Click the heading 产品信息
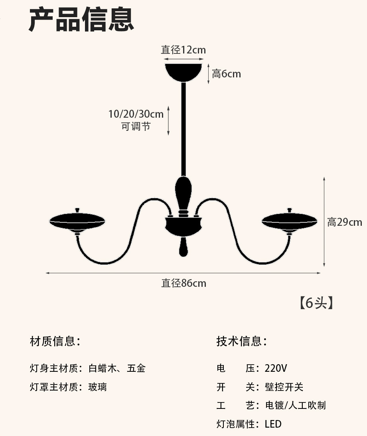pyautogui.click(x=81, y=20)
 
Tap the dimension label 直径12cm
pyautogui.click(x=183, y=50)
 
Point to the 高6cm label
pyautogui.click(x=227, y=74)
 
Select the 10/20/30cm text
pyautogui.click(x=136, y=114)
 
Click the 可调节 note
pyautogui.click(x=136, y=127)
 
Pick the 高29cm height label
pyautogui.click(x=345, y=222)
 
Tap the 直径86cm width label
pyautogui.click(x=183, y=283)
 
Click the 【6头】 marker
pyautogui.click(x=316, y=303)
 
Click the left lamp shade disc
pyautogui.click(x=77, y=221)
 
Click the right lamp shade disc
pyautogui.click(x=290, y=221)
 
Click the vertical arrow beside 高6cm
pyautogui.click(x=208, y=74)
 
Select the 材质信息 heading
pyautogui.click(x=55, y=341)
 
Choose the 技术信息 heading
pyautogui.click(x=241, y=341)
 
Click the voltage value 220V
pyautogui.click(x=276, y=368)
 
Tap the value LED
pyautogui.click(x=273, y=424)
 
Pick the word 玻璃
pyautogui.click(x=98, y=387)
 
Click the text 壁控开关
pyautogui.click(x=284, y=387)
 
